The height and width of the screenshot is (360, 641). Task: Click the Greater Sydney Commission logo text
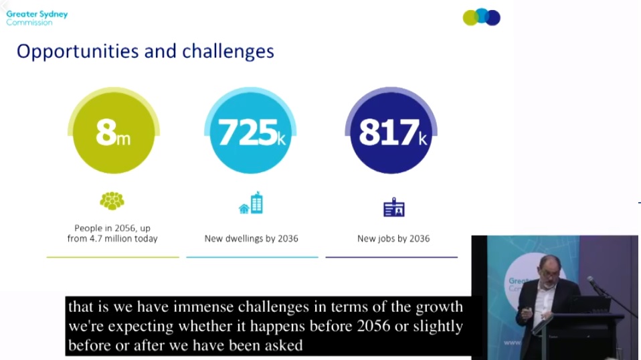(x=37, y=18)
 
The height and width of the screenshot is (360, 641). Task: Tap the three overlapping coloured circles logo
(x=481, y=17)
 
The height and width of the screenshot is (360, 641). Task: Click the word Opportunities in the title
(x=78, y=52)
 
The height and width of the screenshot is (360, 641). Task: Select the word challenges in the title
(x=227, y=52)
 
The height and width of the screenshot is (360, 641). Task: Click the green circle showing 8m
(x=114, y=130)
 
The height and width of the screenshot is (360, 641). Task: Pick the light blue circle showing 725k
(x=250, y=130)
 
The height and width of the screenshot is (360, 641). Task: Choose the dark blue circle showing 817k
(x=391, y=130)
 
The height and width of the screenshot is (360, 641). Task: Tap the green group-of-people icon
(x=112, y=201)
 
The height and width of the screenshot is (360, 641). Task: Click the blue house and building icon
(x=251, y=203)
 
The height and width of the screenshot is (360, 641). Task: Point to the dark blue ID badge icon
(x=393, y=207)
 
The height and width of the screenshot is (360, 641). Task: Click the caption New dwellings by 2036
(x=251, y=239)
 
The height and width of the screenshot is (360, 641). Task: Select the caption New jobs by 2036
(x=393, y=239)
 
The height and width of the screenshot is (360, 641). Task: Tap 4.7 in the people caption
(x=96, y=238)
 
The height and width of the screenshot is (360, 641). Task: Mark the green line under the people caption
(x=113, y=257)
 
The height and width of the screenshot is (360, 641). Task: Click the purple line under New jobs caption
(x=391, y=257)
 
